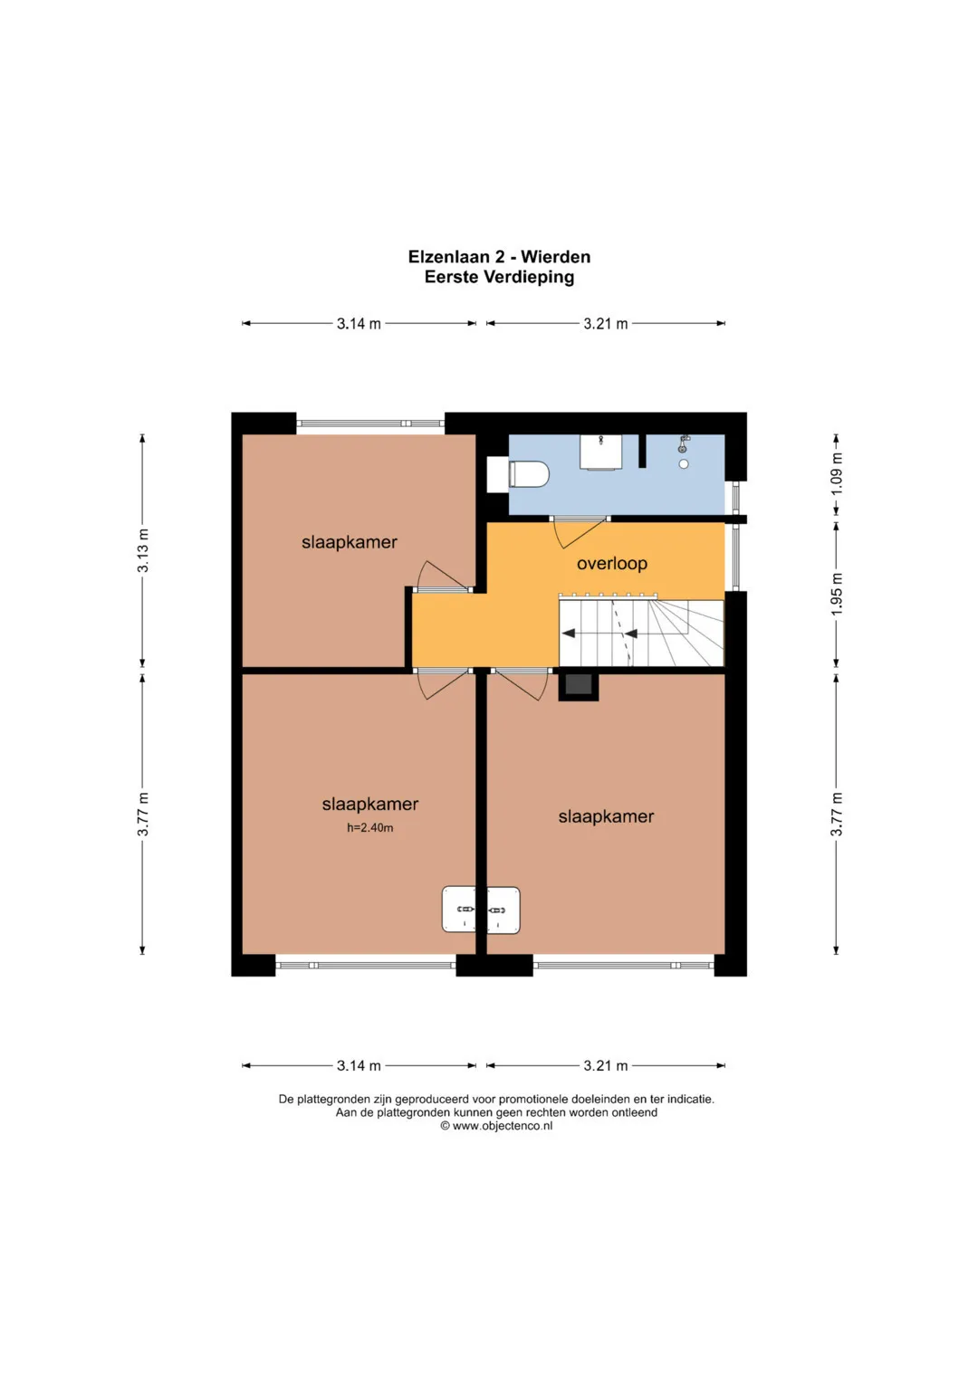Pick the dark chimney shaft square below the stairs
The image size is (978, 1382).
click(x=579, y=686)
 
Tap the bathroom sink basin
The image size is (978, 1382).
click(x=600, y=452)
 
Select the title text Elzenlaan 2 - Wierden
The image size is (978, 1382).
click(x=499, y=257)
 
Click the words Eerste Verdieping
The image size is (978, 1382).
click(x=499, y=277)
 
